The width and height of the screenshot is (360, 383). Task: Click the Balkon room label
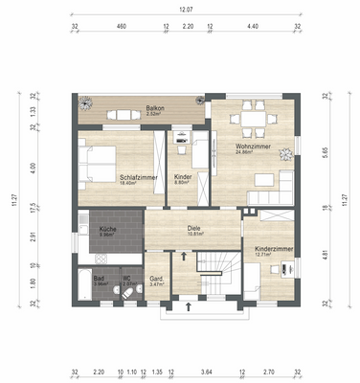click(153, 108)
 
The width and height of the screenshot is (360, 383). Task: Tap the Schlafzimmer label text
click(138, 177)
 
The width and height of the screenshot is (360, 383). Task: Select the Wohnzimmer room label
click(253, 146)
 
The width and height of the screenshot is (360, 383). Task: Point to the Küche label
click(107, 230)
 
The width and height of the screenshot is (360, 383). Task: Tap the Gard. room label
click(157, 280)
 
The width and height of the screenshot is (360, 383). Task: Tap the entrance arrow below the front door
click(188, 308)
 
